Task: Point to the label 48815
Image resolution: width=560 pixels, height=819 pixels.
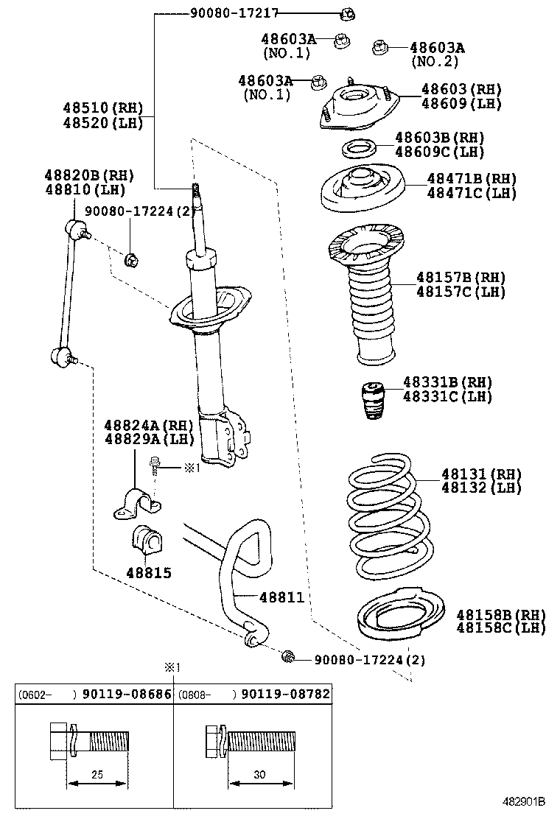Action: pyautogui.click(x=147, y=572)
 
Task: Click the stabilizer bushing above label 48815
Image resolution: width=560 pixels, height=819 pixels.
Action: pyautogui.click(x=147, y=543)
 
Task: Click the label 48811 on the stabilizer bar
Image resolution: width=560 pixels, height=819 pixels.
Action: pyautogui.click(x=281, y=597)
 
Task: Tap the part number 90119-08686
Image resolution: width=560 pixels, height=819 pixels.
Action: pyautogui.click(x=126, y=694)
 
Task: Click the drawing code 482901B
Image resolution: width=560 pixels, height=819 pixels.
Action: pyautogui.click(x=523, y=801)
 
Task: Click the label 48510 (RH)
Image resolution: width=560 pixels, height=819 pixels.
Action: pyautogui.click(x=102, y=108)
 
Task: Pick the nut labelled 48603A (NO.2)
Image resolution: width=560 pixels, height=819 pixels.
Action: pyautogui.click(x=380, y=47)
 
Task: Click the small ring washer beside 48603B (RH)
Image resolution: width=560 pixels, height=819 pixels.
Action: pyautogui.click(x=359, y=150)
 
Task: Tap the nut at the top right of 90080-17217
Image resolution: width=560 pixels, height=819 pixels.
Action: pyautogui.click(x=349, y=13)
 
